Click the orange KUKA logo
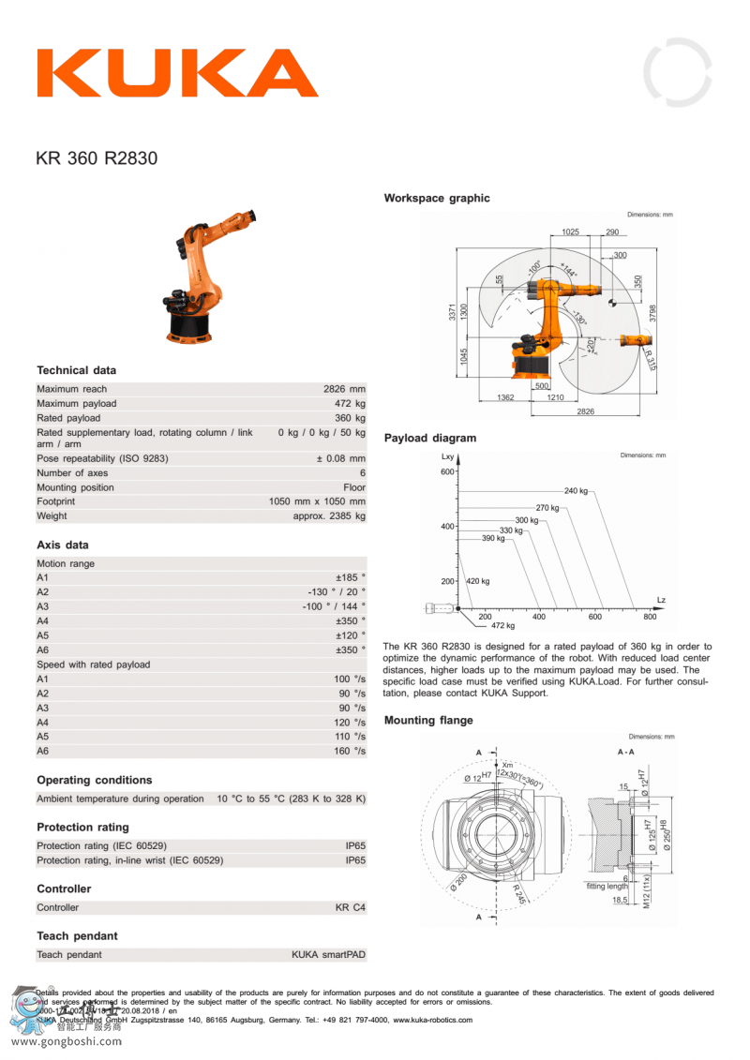coord(177,73)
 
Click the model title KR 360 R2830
coord(97,158)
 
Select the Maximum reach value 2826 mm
coord(344,389)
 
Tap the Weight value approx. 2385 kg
coord(329,516)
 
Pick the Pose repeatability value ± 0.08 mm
coord(340,458)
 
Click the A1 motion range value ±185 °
coord(351,578)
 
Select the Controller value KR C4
coord(351,907)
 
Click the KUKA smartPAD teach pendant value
coord(328,955)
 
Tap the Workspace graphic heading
coord(436,199)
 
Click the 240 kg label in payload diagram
coord(576,491)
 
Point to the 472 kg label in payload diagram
coord(503,625)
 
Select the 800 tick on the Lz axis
coord(650,617)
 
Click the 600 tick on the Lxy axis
coord(447,471)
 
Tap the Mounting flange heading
coord(428,721)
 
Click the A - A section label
coord(625,752)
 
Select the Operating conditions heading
coord(94,780)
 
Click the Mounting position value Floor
coord(354,487)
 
